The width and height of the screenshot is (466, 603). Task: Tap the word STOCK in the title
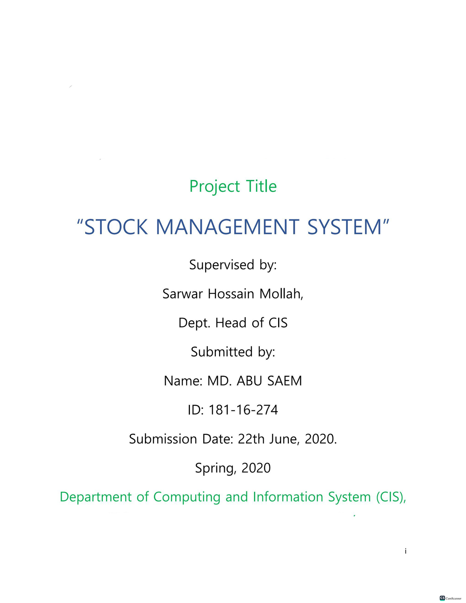tap(116, 227)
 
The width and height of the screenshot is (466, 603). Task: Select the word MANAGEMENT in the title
tap(227, 227)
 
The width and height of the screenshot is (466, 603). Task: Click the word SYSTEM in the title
tap(345, 227)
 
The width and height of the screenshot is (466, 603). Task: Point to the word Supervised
tap(221, 265)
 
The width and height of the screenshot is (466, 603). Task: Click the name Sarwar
tap(183, 294)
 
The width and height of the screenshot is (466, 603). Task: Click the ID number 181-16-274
tap(243, 410)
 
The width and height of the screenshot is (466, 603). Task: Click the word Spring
tap(216, 468)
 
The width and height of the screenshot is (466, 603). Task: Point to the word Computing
tap(187, 497)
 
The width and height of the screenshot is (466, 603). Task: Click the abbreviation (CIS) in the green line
tap(391, 497)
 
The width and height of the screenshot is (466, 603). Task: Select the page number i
tap(405, 551)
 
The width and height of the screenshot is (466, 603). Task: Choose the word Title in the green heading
tap(261, 186)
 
